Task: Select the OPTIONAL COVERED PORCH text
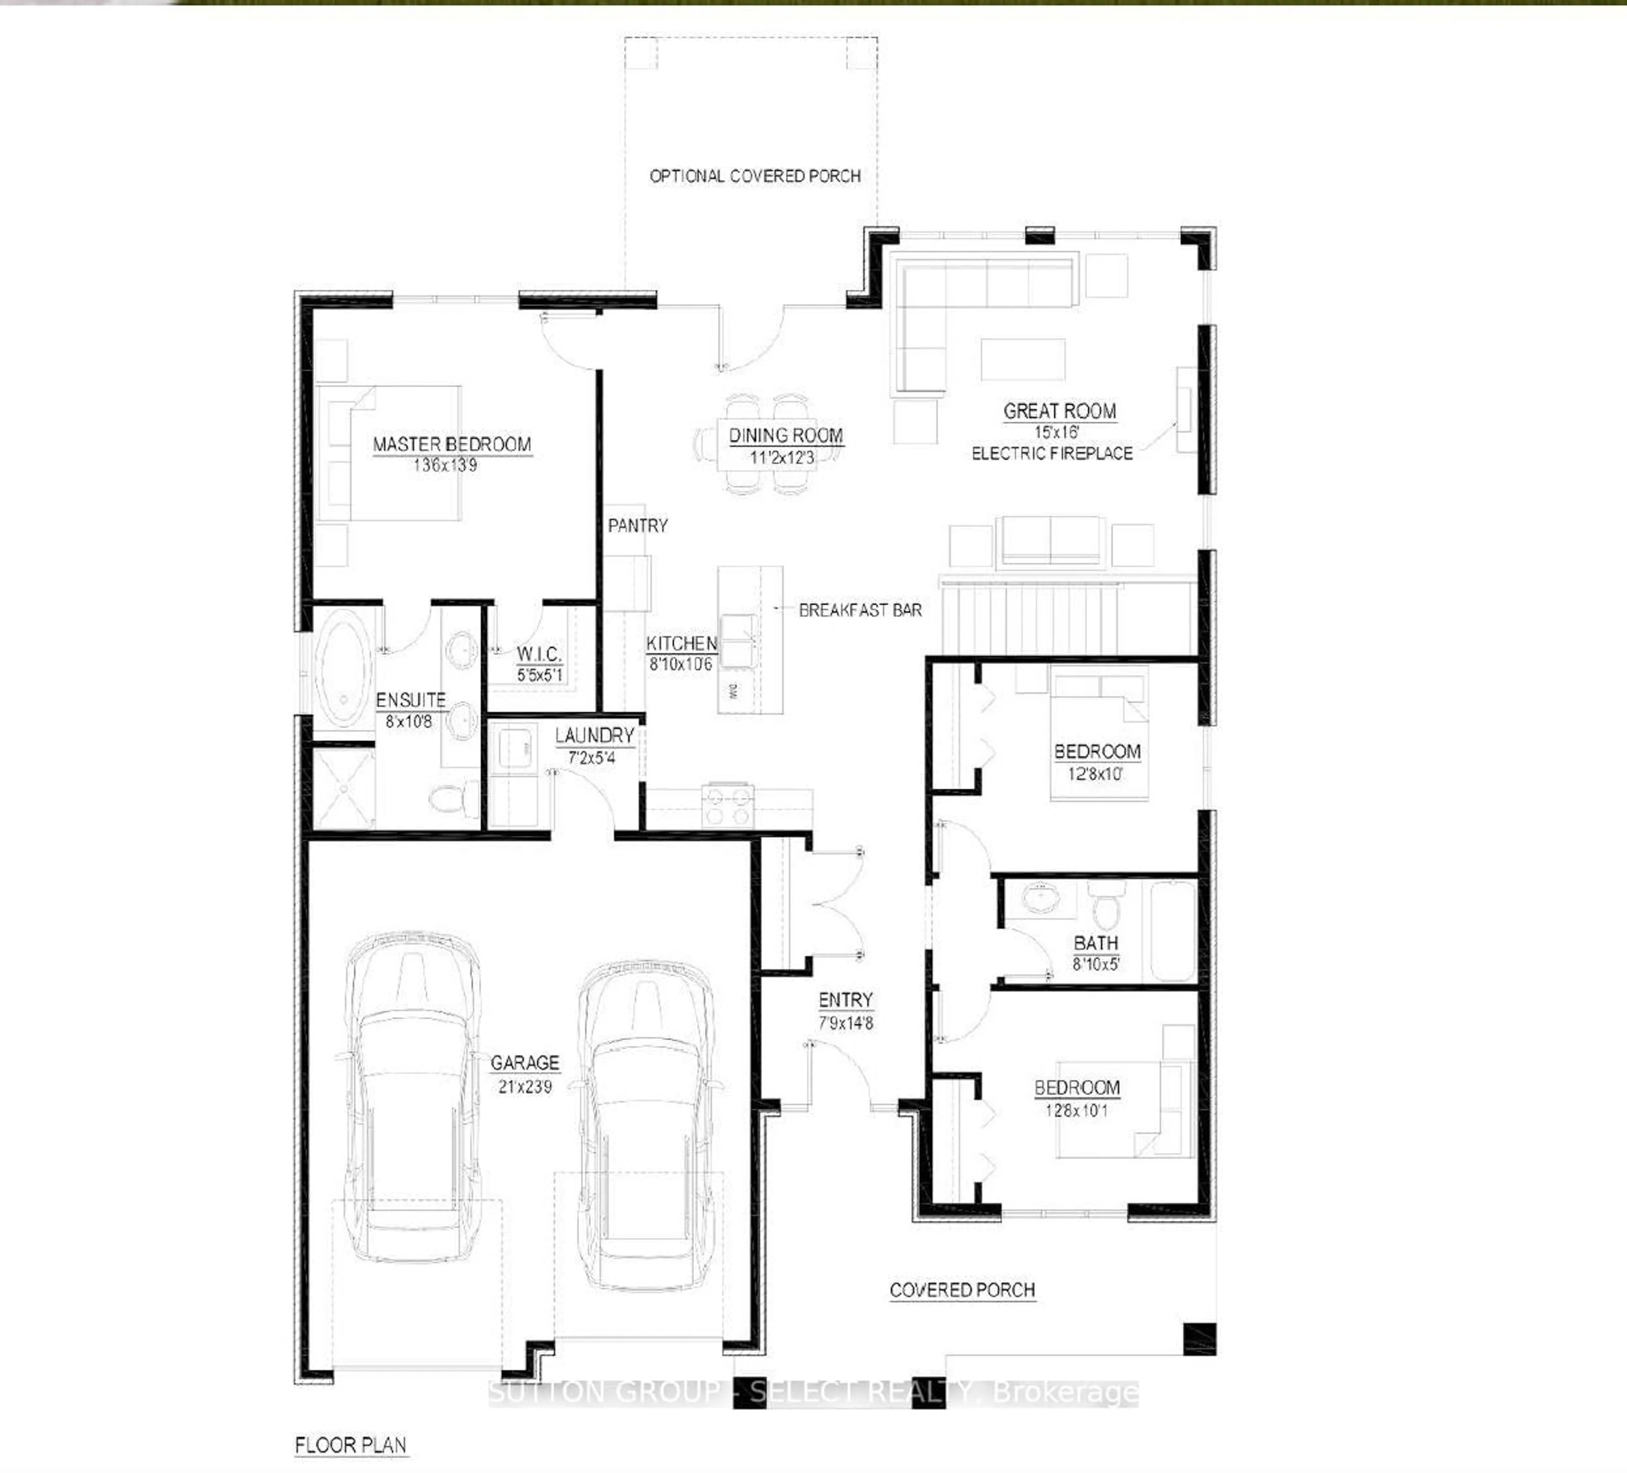pos(755,176)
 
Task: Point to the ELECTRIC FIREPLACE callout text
pos(1052,453)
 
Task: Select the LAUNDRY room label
pos(594,735)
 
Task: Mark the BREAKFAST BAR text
pos(860,610)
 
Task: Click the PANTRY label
pos(638,525)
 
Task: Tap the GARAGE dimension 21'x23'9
pos(525,1087)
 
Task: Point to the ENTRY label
pos(845,1000)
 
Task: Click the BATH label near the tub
pos(1095,943)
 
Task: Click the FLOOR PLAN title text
pos(350,1445)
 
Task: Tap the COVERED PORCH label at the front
pos(962,1290)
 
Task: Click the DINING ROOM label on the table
pos(785,435)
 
